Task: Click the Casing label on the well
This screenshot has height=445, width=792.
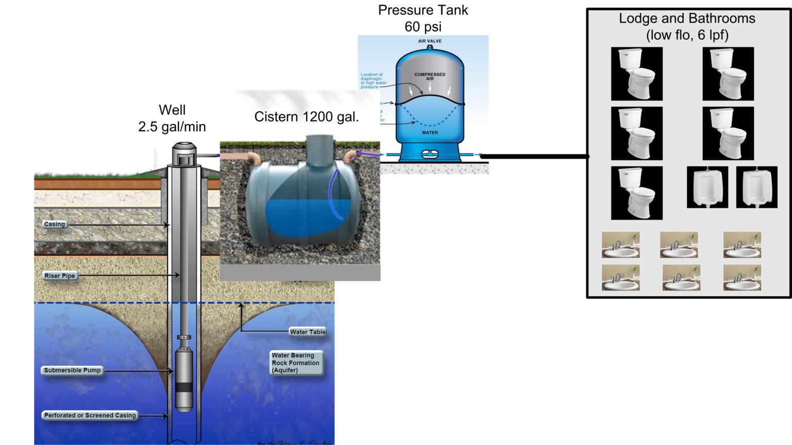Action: [x=55, y=225]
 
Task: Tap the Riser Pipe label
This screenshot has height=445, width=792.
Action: [x=60, y=276]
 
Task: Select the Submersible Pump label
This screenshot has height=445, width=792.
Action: [x=72, y=370]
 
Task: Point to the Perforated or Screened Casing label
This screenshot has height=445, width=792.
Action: [x=90, y=416]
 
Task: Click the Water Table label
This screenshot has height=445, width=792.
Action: [x=307, y=332]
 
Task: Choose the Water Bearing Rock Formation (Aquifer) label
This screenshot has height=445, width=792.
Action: [x=295, y=363]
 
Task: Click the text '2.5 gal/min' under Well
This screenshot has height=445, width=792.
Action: [x=172, y=127]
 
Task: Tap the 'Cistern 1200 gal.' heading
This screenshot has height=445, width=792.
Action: [x=306, y=117]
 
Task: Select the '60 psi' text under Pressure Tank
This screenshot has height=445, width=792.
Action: [x=423, y=27]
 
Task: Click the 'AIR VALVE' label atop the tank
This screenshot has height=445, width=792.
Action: [x=430, y=41]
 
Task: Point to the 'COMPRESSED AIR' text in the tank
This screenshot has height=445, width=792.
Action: [x=430, y=76]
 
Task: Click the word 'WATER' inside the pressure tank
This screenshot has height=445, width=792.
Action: [x=430, y=133]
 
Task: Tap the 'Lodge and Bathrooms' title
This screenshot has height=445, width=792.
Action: [x=687, y=19]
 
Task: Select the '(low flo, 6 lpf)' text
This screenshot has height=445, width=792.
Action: [x=687, y=35]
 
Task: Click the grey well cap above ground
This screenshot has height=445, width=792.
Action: [x=184, y=153]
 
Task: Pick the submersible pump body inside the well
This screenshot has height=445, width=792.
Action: [x=184, y=379]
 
